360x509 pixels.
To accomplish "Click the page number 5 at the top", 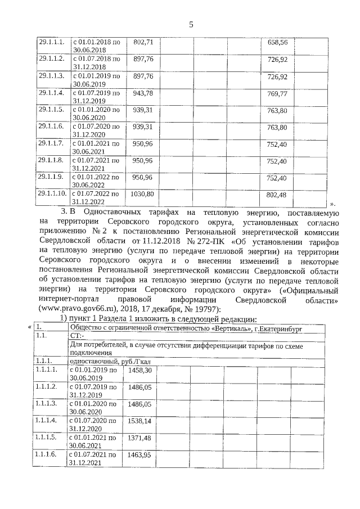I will (191, 24).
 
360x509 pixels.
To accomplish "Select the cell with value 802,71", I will (142, 42).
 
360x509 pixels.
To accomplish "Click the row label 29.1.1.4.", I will (51, 92).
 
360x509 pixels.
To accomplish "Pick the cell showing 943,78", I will (142, 92).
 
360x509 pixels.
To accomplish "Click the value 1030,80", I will (142, 193).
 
